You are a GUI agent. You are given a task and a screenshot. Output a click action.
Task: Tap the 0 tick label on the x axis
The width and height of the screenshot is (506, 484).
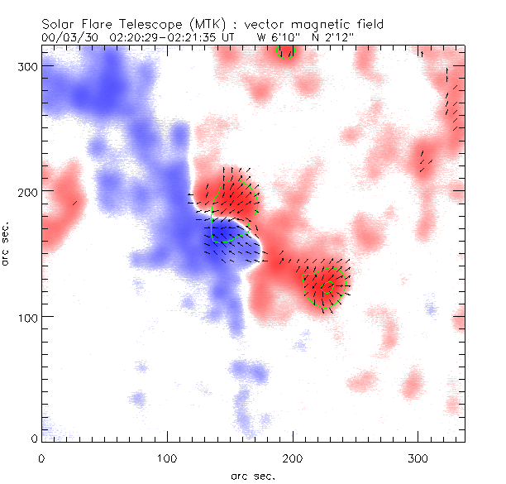(41, 457)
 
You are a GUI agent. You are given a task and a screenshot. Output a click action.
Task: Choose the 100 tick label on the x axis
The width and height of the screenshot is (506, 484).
(167, 457)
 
